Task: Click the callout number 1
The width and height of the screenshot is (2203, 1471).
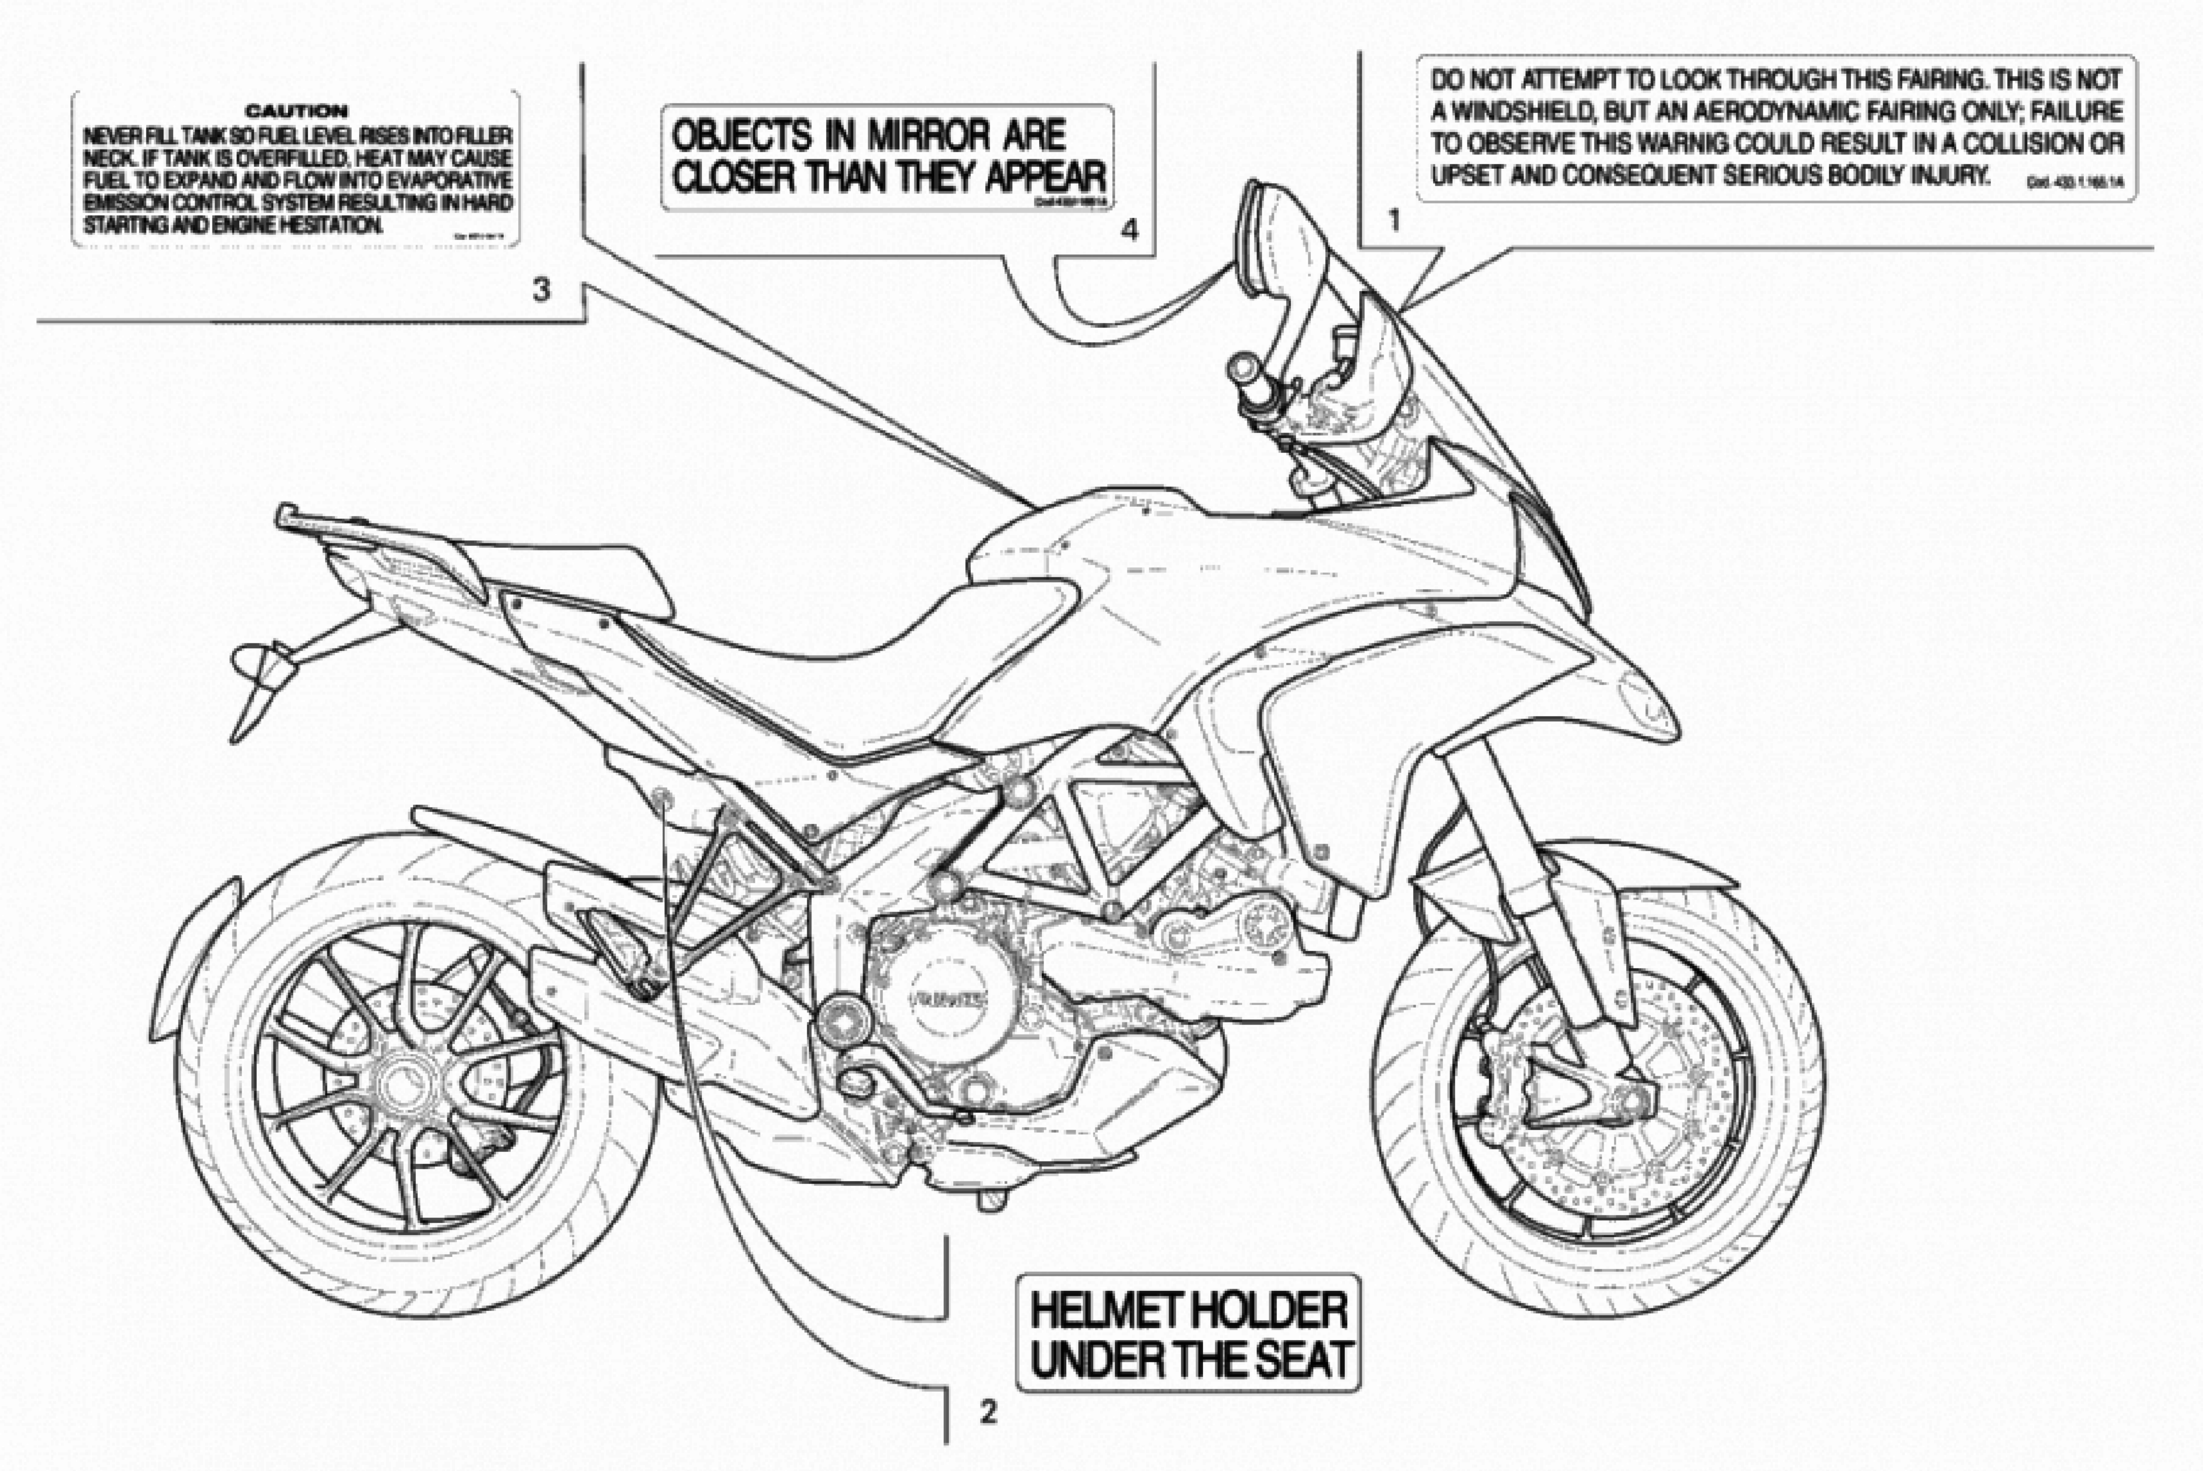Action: point(1394,221)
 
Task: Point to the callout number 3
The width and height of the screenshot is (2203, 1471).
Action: point(541,291)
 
